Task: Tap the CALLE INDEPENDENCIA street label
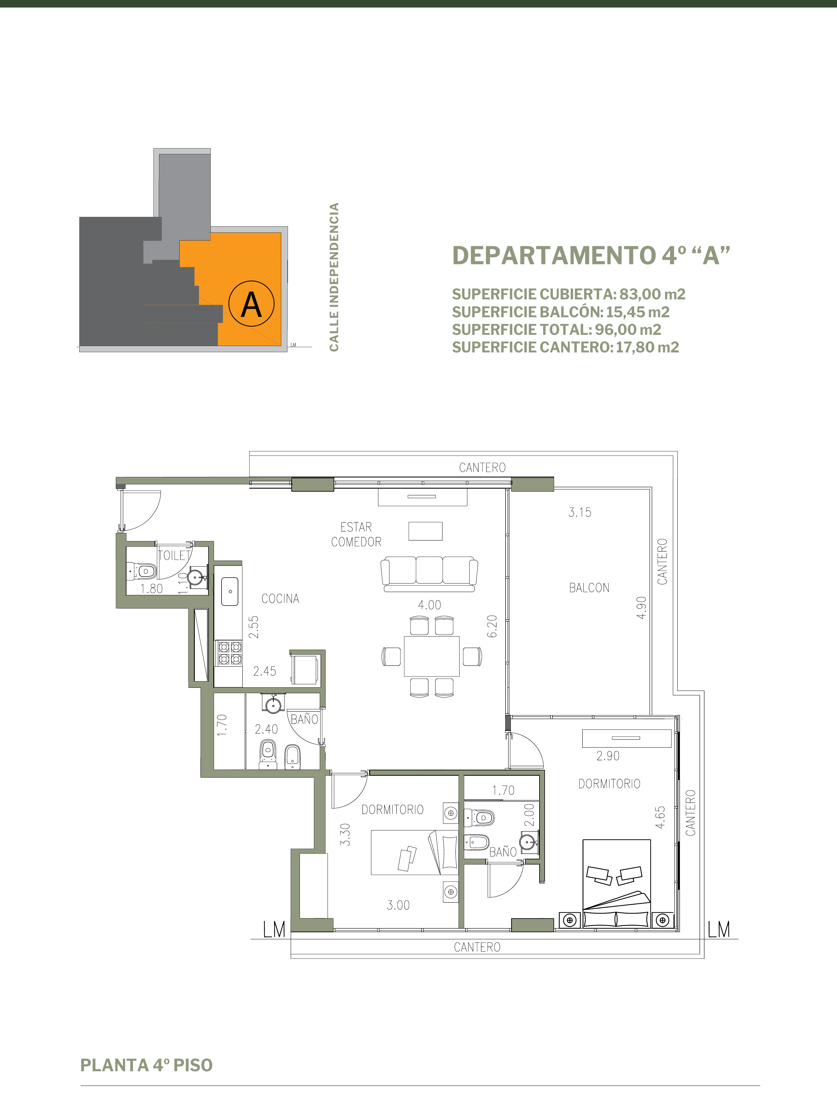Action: pyautogui.click(x=334, y=277)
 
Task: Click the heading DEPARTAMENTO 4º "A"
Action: pyautogui.click(x=591, y=255)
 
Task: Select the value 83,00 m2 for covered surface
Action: pyautogui.click(x=652, y=294)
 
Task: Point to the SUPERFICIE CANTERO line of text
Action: pyautogui.click(x=565, y=347)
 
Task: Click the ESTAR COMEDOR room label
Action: pyautogui.click(x=356, y=534)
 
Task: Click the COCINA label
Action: pyautogui.click(x=280, y=599)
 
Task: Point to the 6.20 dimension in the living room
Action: pyautogui.click(x=492, y=626)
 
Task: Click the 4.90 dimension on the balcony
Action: pyautogui.click(x=642, y=607)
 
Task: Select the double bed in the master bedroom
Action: pyautogui.click(x=616, y=883)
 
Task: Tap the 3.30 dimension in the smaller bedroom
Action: pyautogui.click(x=345, y=835)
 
